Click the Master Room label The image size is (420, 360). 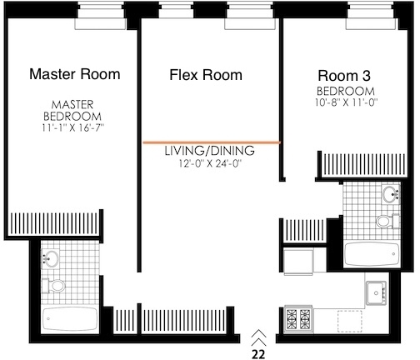75,74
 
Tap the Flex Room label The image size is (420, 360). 206,75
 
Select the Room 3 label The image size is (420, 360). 344,76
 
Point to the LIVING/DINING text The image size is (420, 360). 210,151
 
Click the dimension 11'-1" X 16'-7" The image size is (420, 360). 72,128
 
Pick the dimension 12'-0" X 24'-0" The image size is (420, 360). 210,163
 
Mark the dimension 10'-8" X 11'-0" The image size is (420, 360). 346,102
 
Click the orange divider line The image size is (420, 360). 212,142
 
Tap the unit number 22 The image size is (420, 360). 258,354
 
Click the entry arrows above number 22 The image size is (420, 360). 258,337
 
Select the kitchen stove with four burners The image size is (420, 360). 298,318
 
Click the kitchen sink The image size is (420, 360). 376,292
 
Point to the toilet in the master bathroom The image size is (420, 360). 53,285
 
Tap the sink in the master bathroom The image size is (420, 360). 50,259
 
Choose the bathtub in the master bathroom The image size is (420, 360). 70,318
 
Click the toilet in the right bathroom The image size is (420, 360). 388,222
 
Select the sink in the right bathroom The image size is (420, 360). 391,193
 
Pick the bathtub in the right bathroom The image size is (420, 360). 372,254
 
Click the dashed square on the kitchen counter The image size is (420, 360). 350,321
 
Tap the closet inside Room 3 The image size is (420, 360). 362,164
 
